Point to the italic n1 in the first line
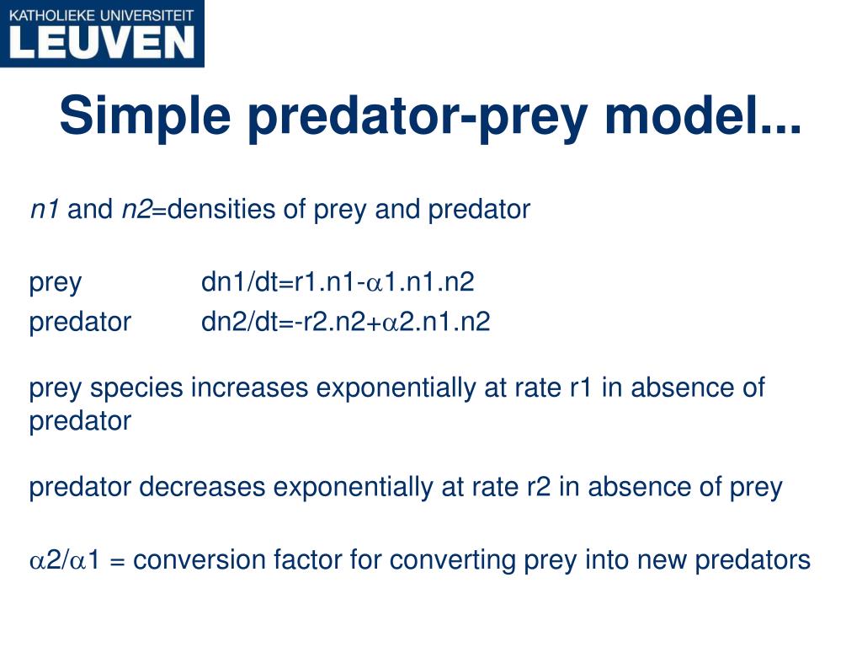[x=44, y=210]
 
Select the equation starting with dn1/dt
[x=337, y=282]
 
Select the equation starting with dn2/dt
[x=345, y=322]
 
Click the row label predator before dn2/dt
[x=80, y=322]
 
